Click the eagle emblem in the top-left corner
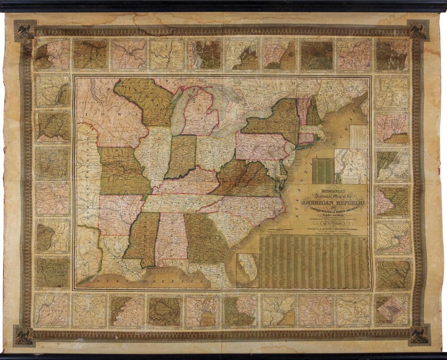coord(25,31)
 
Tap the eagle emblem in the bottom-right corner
coord(421,335)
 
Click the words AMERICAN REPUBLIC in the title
coord(333,203)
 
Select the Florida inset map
coord(247,270)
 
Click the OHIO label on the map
coord(217,152)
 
